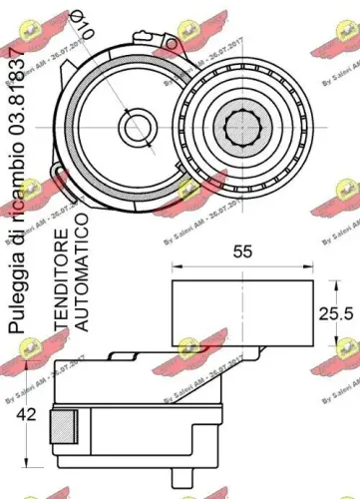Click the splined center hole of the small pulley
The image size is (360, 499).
[243, 128]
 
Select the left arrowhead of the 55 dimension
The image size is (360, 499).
[177, 266]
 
